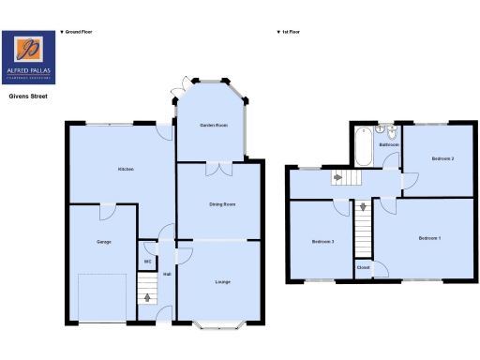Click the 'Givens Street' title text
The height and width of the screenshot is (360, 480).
point(29,96)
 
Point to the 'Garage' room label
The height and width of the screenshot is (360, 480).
point(103,242)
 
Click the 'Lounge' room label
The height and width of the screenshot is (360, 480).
point(222,281)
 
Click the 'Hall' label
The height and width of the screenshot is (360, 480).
point(167,274)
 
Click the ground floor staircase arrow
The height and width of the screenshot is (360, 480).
point(145,298)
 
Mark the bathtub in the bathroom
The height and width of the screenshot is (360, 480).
point(363,148)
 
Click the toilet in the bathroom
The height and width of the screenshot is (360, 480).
point(386,132)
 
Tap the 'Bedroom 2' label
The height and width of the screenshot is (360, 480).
point(442,159)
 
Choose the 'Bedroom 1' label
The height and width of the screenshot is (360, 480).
point(429,237)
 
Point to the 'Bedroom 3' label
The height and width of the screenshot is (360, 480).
point(323,242)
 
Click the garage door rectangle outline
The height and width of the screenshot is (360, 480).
point(102,297)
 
